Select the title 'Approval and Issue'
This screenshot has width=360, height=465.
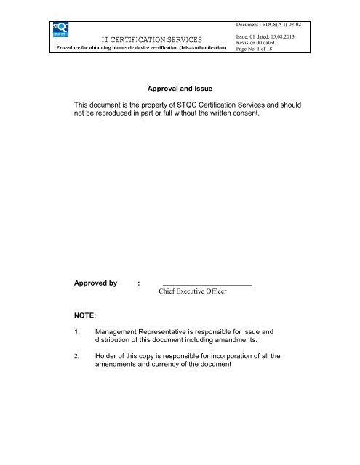(x=180, y=88)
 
